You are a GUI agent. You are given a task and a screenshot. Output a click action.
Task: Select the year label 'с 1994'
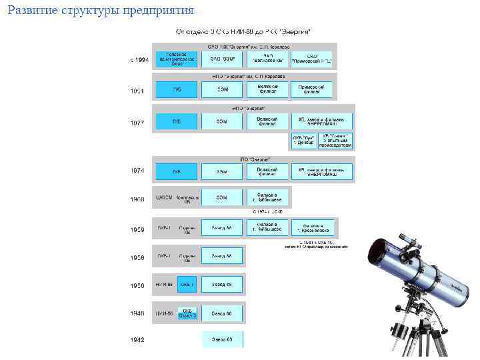pos(139,60)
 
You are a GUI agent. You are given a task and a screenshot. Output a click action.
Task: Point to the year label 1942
pos(137,339)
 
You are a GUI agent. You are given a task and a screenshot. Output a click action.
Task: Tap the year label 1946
pos(137,313)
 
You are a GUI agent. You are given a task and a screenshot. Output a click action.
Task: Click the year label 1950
pos(137,285)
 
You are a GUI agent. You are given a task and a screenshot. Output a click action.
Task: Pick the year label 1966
pos(137,199)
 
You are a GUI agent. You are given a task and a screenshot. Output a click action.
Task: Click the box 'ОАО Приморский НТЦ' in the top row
pos(312,59)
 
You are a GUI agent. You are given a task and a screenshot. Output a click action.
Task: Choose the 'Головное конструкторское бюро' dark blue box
pos(177,59)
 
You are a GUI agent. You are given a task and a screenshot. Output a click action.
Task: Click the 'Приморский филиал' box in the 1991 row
pos(312,89)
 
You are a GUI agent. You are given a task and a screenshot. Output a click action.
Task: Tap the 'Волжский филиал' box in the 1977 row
pos(267,121)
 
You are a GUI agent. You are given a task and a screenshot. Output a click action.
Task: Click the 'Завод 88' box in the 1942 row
pos(222,339)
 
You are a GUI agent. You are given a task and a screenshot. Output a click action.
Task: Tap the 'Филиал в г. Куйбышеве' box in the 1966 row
pos(267,198)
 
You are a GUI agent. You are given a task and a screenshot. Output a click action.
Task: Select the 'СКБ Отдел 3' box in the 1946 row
pos(188,313)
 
